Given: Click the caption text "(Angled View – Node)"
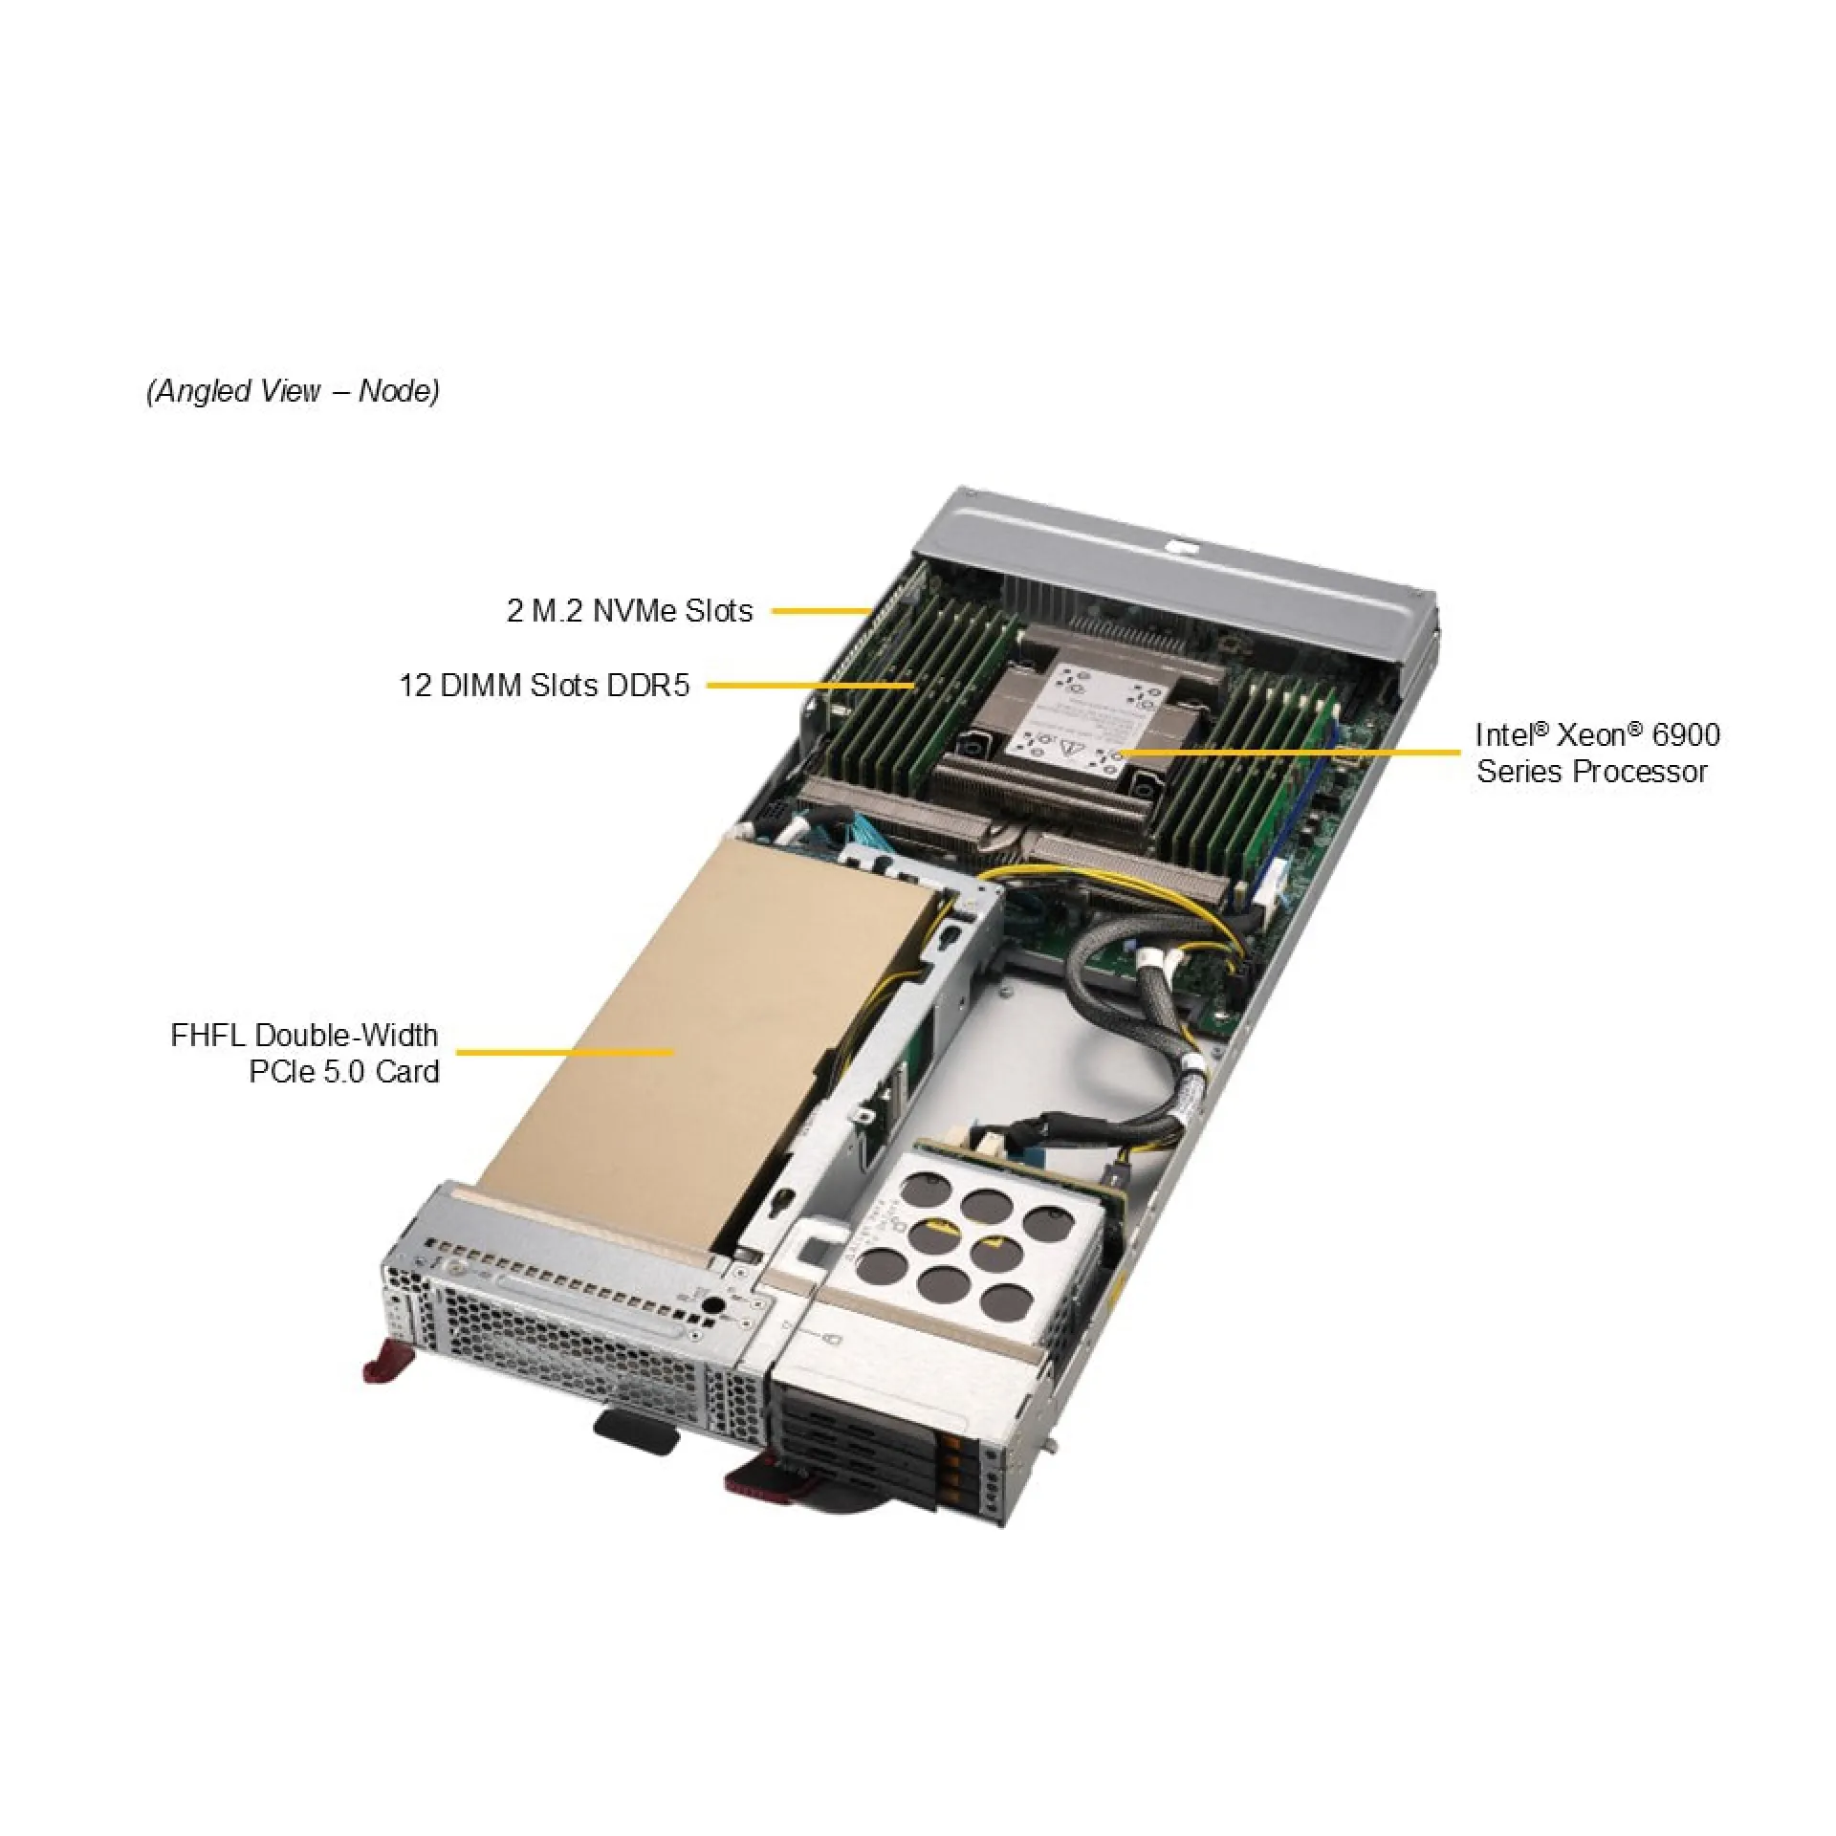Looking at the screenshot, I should coord(293,391).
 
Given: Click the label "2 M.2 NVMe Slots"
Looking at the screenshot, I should coord(629,611).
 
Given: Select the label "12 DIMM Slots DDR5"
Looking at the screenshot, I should coord(543,686).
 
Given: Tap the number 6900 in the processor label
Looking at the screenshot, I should coord(1686,734).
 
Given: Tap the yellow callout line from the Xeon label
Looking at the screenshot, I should coord(1291,753).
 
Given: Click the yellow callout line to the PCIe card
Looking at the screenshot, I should coord(564,1053).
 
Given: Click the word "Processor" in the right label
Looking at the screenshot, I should coord(1640,772).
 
